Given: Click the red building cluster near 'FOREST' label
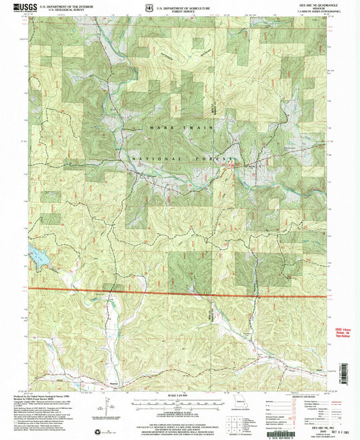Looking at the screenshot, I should pyautogui.click(x=233, y=162).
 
